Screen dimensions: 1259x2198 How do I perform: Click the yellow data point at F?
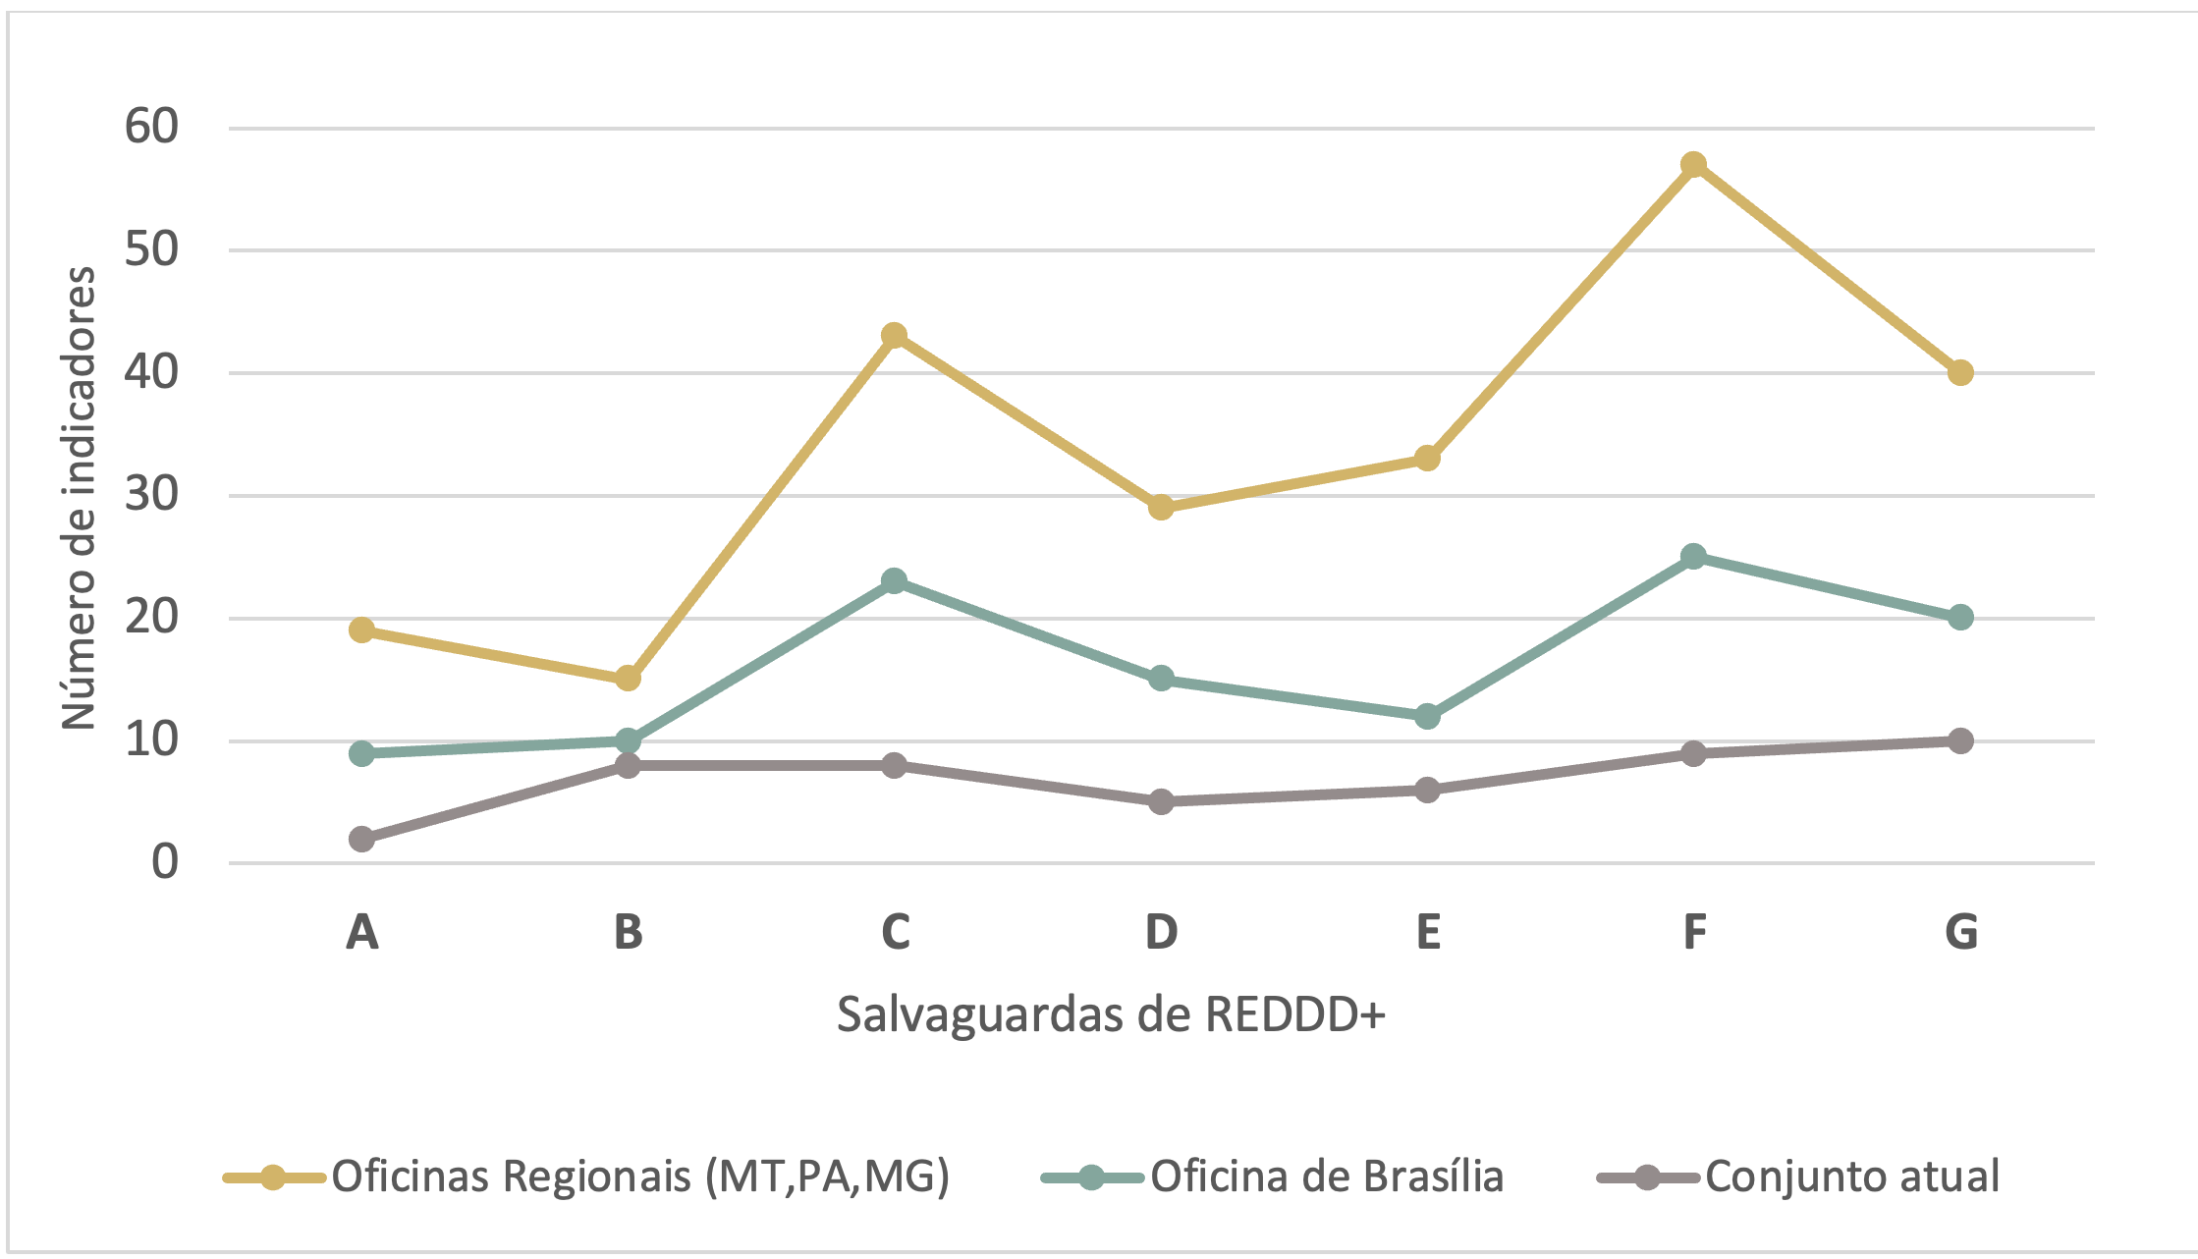coord(1693,164)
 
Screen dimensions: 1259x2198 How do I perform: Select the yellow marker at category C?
coord(894,336)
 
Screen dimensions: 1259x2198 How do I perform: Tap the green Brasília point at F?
coord(1693,556)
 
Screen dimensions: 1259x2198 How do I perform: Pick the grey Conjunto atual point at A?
coord(361,839)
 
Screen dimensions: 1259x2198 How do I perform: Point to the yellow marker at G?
coord(1960,372)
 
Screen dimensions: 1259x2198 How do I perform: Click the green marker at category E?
coord(1427,716)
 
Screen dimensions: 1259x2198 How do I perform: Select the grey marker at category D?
coord(1161,801)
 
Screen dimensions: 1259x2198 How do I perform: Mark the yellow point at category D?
coord(1161,507)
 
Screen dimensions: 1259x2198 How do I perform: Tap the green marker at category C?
coord(894,580)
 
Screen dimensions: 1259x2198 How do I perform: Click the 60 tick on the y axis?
coord(152,127)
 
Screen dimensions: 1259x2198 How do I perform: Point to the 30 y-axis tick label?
coord(152,494)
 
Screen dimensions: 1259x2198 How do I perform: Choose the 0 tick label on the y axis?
coord(165,862)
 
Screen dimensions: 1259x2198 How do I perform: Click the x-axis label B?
coord(629,931)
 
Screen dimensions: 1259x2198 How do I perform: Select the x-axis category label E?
coord(1428,931)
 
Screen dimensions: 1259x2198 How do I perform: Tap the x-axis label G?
coord(1961,931)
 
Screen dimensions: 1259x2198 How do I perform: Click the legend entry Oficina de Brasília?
coord(1326,1176)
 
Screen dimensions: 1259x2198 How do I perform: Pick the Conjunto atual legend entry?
coord(1851,1176)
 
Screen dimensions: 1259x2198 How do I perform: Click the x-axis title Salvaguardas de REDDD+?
coord(1111,1014)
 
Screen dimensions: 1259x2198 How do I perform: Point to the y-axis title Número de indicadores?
coord(79,497)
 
